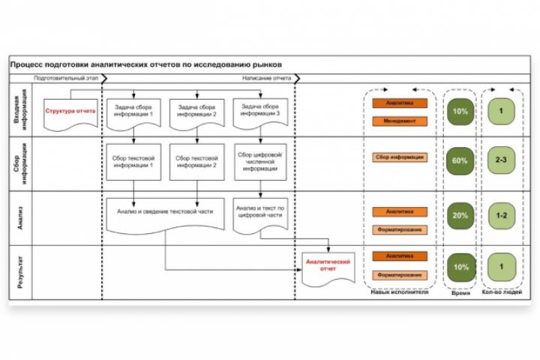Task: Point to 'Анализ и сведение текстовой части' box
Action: click(165, 212)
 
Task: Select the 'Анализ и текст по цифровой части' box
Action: click(261, 212)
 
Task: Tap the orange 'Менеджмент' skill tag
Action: click(400, 121)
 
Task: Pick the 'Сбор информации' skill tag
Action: click(400, 157)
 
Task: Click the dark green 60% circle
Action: click(460, 160)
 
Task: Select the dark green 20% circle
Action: click(460, 215)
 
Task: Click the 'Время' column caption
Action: click(460, 293)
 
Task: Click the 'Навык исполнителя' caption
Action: click(400, 291)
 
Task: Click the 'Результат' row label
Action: click(21, 274)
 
